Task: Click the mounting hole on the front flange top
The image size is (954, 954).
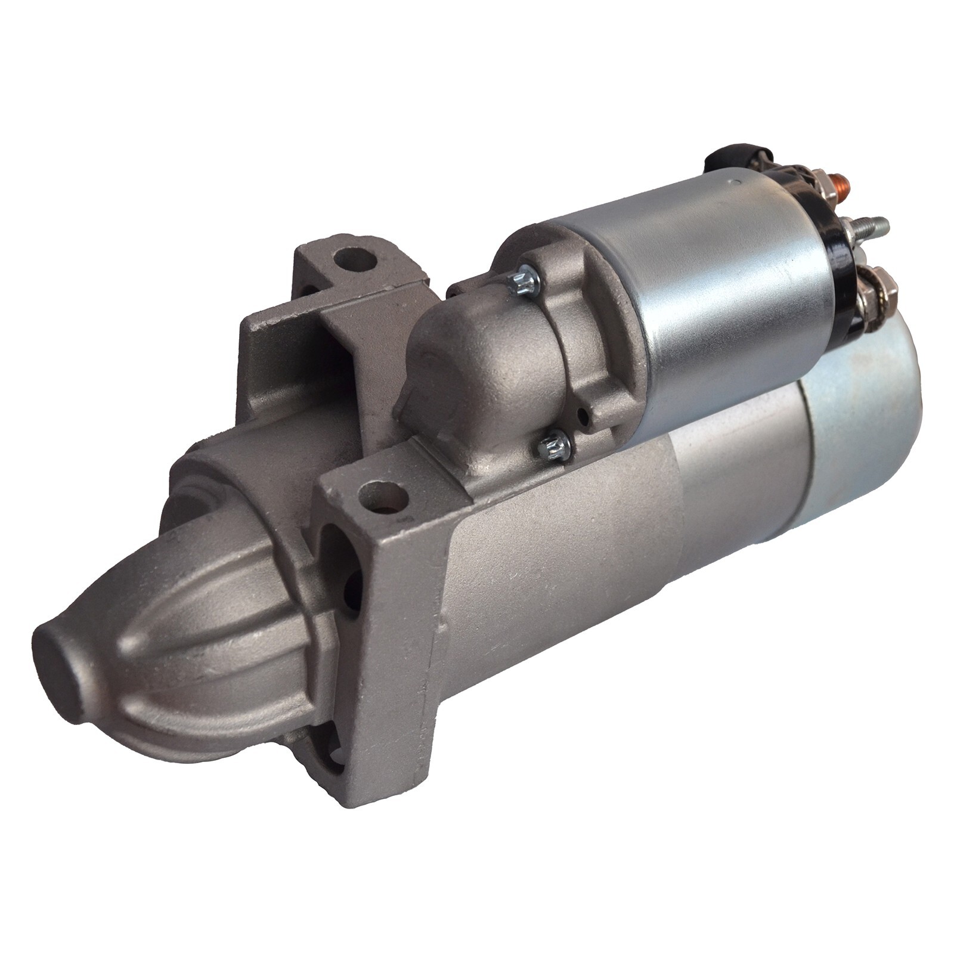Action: (384, 496)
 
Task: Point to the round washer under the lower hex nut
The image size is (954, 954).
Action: (868, 298)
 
